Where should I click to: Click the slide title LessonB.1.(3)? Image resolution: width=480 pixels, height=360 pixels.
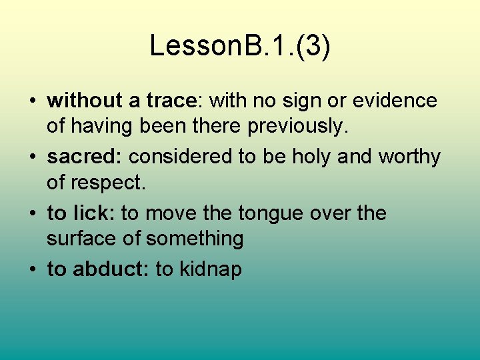(x=239, y=46)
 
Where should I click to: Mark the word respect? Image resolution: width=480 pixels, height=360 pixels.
(x=107, y=182)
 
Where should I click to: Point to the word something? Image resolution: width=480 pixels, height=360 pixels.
(x=195, y=239)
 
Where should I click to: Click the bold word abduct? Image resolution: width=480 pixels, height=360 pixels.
(x=110, y=269)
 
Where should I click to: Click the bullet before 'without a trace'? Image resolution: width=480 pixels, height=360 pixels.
(x=32, y=101)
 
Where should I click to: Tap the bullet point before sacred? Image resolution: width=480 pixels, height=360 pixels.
(x=32, y=158)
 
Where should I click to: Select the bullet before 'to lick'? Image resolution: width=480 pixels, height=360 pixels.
(x=32, y=214)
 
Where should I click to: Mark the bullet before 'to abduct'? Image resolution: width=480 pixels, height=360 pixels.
(x=32, y=270)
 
